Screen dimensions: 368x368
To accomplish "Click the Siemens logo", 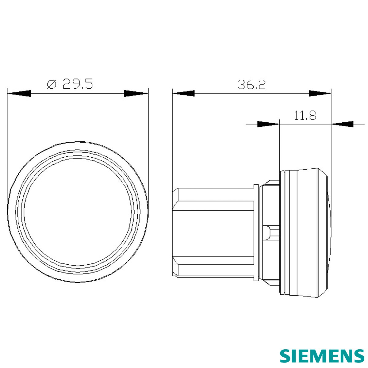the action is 322,356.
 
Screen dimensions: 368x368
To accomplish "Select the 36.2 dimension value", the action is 251,85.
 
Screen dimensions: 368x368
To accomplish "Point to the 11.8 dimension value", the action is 305,116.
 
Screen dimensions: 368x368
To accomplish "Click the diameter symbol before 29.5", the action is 52,84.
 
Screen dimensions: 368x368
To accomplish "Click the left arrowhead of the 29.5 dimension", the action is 19,94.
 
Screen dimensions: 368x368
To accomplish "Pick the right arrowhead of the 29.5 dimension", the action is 136,94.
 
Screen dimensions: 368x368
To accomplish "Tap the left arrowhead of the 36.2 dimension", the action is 183,94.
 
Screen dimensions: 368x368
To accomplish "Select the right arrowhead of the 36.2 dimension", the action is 320,94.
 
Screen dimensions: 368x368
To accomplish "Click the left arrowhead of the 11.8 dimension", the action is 268,124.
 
